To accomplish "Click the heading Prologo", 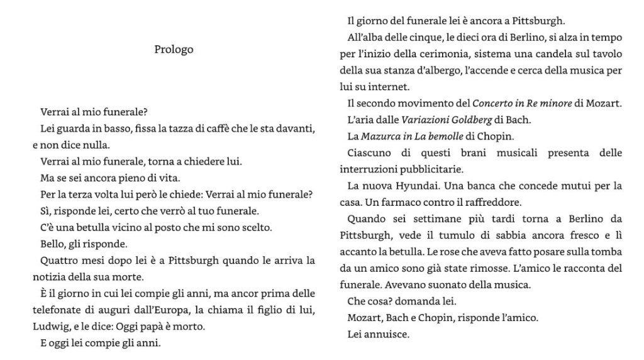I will (x=174, y=49).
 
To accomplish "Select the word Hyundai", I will (x=418, y=186).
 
